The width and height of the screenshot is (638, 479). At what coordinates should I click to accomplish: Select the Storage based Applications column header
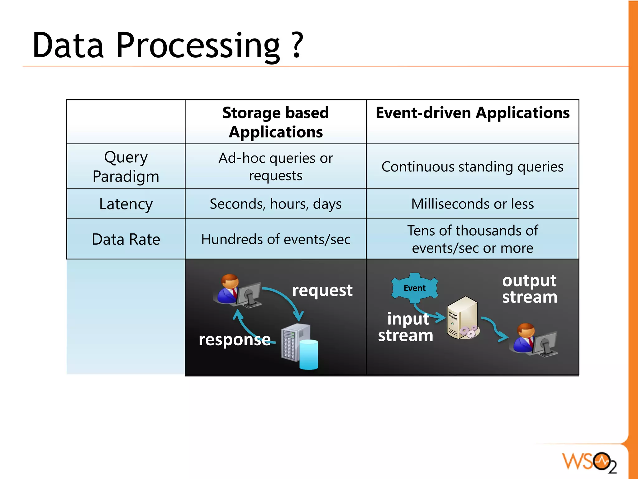tap(275, 122)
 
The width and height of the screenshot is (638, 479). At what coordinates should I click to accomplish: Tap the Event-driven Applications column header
tap(472, 113)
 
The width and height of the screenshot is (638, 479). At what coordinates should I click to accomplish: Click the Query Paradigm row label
tap(126, 166)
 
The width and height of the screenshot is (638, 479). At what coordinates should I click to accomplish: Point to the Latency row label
tap(126, 204)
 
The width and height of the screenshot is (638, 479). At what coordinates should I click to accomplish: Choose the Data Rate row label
tap(126, 239)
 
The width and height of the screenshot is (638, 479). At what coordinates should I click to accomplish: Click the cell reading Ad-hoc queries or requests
tap(275, 166)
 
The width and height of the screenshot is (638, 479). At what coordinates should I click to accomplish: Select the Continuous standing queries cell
tap(472, 167)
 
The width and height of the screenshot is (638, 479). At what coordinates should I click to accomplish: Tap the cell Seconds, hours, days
tap(275, 204)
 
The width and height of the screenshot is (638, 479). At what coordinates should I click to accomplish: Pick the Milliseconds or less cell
tap(472, 204)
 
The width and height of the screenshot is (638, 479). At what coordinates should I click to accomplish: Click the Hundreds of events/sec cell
tap(275, 239)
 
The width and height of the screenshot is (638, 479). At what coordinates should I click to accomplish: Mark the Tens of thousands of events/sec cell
tap(472, 239)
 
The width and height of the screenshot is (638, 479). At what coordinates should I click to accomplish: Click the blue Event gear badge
tap(414, 288)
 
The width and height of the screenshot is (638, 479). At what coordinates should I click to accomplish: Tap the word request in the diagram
tap(322, 290)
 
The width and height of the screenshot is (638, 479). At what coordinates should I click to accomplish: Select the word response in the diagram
tap(234, 340)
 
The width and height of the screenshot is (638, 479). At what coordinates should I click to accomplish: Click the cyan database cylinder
tap(309, 355)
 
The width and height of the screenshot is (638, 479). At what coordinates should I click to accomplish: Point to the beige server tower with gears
tap(462, 318)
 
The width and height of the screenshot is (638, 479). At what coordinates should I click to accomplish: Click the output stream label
tap(529, 289)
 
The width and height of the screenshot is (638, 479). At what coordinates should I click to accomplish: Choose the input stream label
tap(406, 327)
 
